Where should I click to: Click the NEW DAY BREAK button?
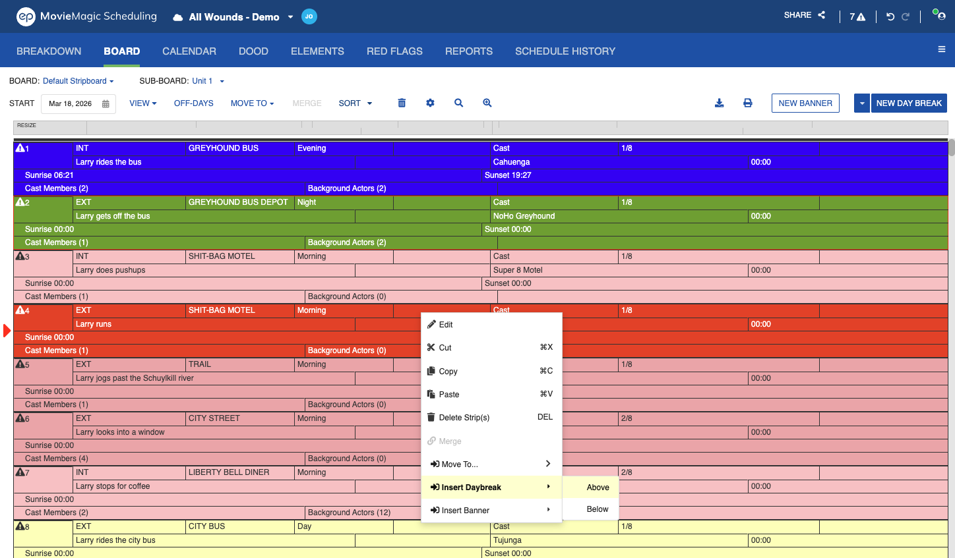(x=909, y=103)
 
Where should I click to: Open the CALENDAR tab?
(x=189, y=51)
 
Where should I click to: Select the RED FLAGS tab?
(x=394, y=51)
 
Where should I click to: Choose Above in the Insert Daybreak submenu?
(x=598, y=488)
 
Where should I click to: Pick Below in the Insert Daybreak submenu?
(x=598, y=509)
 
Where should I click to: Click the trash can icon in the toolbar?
(x=402, y=103)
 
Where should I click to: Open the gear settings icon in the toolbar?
(x=430, y=103)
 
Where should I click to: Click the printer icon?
(x=747, y=103)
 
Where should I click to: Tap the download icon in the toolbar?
(x=720, y=103)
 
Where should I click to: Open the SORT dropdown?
(x=355, y=103)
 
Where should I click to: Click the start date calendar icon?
(x=106, y=104)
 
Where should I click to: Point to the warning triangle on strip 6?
(x=20, y=418)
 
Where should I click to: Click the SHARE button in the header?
(x=805, y=15)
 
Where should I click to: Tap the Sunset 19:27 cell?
(x=508, y=175)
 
